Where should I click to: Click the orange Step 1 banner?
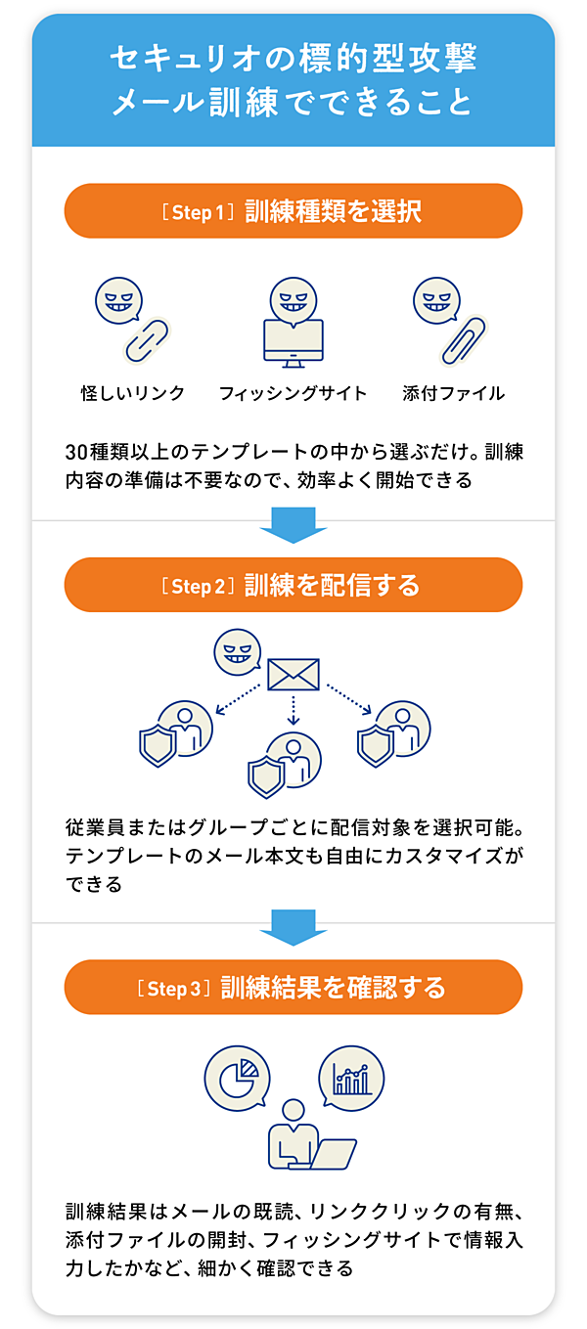[x=293, y=210]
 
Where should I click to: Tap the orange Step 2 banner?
[x=293, y=585]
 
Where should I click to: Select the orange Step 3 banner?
[x=293, y=987]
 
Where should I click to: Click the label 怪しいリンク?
[x=133, y=393]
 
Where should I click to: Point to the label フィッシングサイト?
[x=293, y=393]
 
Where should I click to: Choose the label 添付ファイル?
[x=453, y=393]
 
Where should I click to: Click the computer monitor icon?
[x=293, y=343]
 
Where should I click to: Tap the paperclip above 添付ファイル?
[x=463, y=341]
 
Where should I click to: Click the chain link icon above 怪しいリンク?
[x=147, y=340]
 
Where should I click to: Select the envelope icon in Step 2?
[x=293, y=675]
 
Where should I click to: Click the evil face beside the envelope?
[x=238, y=652]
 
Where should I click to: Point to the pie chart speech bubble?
[x=238, y=1078]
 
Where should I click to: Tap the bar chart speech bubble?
[x=351, y=1077]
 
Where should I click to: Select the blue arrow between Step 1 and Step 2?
[x=293, y=525]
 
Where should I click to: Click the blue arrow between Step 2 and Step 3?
[x=293, y=927]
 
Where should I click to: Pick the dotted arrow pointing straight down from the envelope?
[x=293, y=710]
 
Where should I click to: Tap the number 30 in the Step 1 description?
[x=77, y=452]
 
